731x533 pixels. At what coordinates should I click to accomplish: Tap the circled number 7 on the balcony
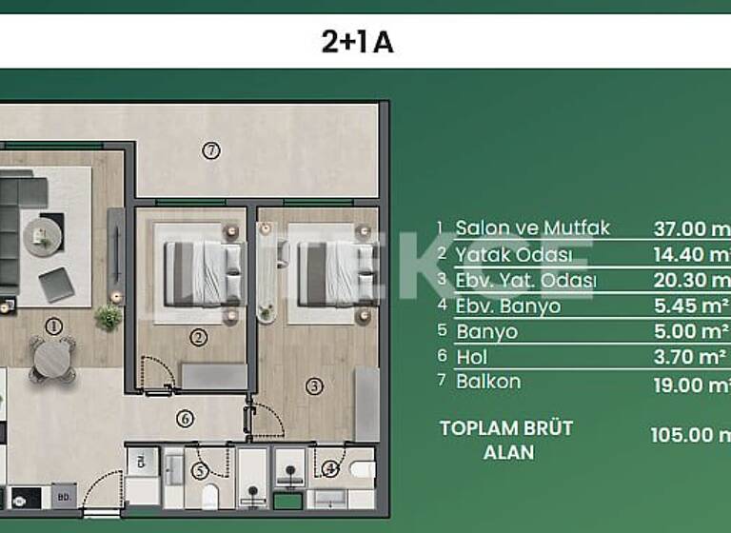coord(211,149)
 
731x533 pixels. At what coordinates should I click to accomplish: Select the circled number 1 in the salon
coord(53,326)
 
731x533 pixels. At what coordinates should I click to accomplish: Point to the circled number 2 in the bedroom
coord(198,336)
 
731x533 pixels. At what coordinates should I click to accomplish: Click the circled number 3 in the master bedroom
coord(314,385)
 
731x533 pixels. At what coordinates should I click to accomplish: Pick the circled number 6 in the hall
coord(186,418)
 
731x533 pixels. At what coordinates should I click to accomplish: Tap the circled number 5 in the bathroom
coord(200,470)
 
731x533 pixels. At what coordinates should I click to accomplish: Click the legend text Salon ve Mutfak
coord(532,228)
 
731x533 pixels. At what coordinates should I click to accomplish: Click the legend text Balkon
coord(488,382)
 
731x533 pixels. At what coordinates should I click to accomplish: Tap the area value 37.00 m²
coord(691,228)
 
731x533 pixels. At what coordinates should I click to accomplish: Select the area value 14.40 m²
coord(691,255)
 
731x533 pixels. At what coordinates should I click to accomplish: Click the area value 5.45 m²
coord(691,306)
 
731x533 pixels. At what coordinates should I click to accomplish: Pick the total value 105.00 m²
coord(691,435)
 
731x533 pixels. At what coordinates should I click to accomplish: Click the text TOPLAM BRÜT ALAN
coord(506,440)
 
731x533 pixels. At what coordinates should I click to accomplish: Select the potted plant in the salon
coord(109,317)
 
